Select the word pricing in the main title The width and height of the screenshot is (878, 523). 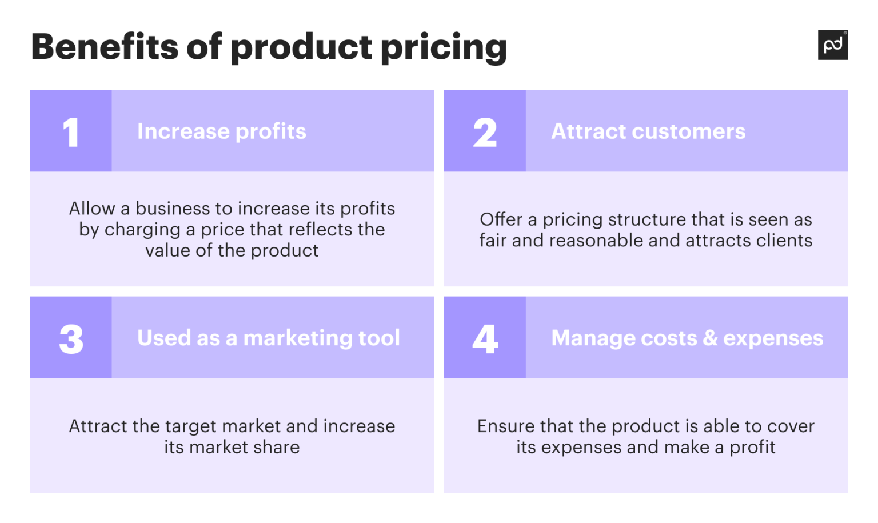click(444, 47)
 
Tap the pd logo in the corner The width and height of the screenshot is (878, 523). click(833, 45)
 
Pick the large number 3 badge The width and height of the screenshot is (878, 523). click(71, 338)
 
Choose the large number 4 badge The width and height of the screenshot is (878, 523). click(485, 338)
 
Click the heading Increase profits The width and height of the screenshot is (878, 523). click(222, 131)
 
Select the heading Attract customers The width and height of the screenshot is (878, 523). click(648, 131)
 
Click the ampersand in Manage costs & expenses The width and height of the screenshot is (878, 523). click(710, 338)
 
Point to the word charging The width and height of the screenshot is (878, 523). click(142, 230)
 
